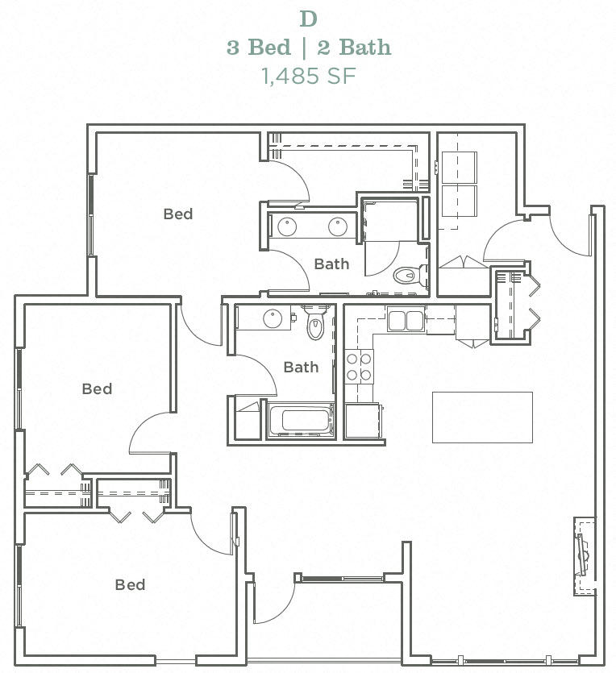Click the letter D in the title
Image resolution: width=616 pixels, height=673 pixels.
pyautogui.click(x=308, y=18)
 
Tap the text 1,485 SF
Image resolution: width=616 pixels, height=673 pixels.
pyautogui.click(x=308, y=76)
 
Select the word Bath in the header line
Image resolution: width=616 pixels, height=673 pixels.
pyautogui.click(x=360, y=47)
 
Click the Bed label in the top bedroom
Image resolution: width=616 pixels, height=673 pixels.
pyautogui.click(x=178, y=214)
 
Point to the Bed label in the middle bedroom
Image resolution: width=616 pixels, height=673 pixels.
pyautogui.click(x=97, y=388)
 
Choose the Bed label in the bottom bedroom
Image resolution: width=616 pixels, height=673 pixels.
pyautogui.click(x=130, y=584)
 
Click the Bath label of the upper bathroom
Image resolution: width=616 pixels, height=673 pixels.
pyautogui.click(x=331, y=264)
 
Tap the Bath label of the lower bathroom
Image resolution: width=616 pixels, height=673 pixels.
pyautogui.click(x=301, y=367)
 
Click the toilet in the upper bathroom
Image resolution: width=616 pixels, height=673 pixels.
pyautogui.click(x=407, y=276)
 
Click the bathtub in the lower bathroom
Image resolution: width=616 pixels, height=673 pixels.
pyautogui.click(x=300, y=420)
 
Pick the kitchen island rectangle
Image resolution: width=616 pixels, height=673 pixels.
pyautogui.click(x=482, y=417)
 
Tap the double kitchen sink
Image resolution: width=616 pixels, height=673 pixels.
pyautogui.click(x=405, y=320)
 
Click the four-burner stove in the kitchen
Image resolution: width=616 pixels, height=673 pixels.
pyautogui.click(x=359, y=367)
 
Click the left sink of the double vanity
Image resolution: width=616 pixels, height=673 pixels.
pyautogui.click(x=287, y=226)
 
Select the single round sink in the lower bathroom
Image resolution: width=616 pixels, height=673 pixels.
pyautogui.click(x=272, y=318)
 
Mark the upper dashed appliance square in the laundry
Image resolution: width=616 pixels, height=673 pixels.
pyautogui.click(x=458, y=168)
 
